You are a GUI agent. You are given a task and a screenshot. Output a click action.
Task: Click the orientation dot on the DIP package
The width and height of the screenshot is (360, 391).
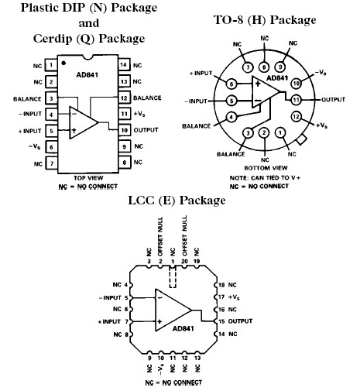tap(64, 61)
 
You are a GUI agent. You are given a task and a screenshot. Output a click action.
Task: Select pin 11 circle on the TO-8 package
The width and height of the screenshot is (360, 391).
tap(297, 99)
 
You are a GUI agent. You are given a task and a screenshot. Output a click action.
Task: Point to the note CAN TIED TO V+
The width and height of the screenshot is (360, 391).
tap(266, 178)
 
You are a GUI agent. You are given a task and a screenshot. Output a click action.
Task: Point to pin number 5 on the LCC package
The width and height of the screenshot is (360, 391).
tap(126, 297)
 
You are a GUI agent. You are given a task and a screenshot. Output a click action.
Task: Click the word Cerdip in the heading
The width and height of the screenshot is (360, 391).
tap(53, 39)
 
